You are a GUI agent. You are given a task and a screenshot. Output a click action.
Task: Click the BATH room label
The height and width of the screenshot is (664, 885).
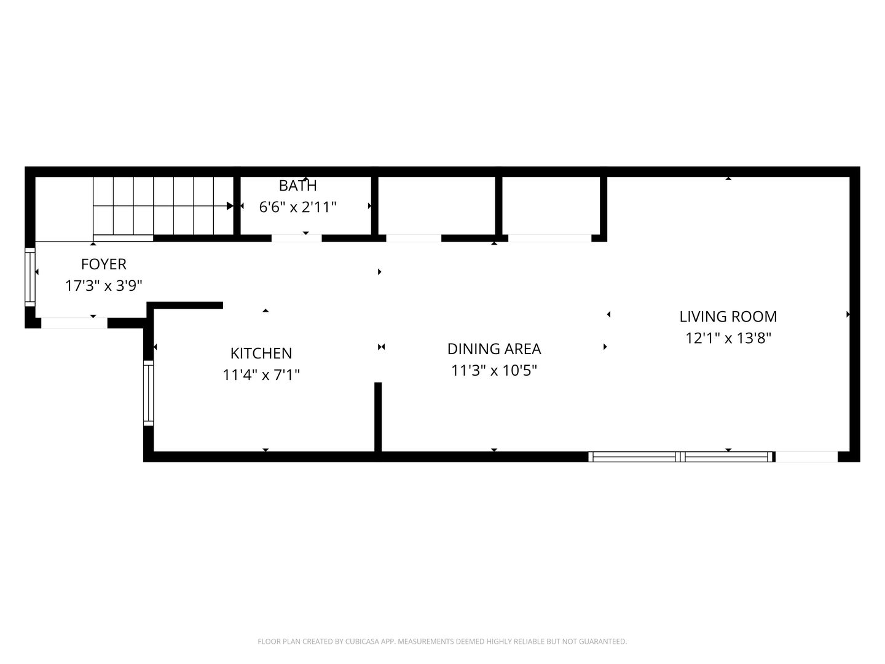(297, 186)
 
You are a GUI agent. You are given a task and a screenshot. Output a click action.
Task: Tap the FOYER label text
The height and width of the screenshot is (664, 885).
(104, 264)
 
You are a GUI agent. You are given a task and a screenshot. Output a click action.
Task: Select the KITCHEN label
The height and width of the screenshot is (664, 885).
(261, 354)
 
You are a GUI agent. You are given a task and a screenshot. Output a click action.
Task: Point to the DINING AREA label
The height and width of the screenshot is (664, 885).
(494, 349)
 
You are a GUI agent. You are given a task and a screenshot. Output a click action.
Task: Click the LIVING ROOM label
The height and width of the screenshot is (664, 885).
(728, 317)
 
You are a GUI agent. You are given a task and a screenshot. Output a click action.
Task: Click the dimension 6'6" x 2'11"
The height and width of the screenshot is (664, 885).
(297, 207)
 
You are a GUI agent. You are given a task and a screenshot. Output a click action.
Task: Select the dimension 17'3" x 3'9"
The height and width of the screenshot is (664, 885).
(104, 286)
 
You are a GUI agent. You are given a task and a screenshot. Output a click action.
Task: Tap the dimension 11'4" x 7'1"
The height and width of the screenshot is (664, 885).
(261, 375)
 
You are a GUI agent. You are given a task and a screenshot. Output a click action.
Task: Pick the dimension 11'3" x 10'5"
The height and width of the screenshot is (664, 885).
(494, 371)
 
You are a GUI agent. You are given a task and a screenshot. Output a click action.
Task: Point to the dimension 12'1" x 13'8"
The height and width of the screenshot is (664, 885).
(728, 338)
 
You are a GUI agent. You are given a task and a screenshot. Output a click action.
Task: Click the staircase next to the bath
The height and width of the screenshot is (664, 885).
(163, 206)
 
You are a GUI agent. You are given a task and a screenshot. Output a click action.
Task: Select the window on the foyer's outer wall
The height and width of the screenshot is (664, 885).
(30, 277)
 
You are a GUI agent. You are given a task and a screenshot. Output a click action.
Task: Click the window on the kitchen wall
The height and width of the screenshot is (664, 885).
(149, 393)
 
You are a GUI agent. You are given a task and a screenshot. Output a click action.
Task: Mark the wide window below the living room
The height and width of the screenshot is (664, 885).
(682, 457)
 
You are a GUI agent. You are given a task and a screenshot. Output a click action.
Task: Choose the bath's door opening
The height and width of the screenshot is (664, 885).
(296, 239)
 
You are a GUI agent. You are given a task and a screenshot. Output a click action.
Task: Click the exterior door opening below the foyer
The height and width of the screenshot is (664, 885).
(74, 323)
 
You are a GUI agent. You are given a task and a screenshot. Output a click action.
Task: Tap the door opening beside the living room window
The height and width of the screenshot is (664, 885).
(806, 457)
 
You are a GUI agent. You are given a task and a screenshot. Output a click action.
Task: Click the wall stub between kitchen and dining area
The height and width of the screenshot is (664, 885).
(378, 417)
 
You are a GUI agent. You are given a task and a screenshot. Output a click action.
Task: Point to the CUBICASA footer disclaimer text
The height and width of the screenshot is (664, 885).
(442, 641)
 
